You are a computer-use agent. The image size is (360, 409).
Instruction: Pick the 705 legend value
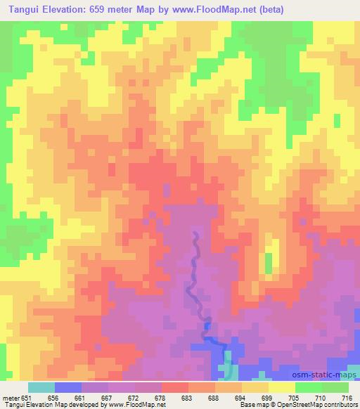click(295, 397)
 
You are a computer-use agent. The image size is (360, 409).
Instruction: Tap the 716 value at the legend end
click(346, 397)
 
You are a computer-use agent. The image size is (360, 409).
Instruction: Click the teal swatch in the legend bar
click(41, 387)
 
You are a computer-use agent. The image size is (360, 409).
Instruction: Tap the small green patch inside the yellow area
click(268, 264)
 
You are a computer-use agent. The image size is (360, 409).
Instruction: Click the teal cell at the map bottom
click(226, 370)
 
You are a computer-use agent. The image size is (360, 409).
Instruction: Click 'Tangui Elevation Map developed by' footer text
click(45, 405)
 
